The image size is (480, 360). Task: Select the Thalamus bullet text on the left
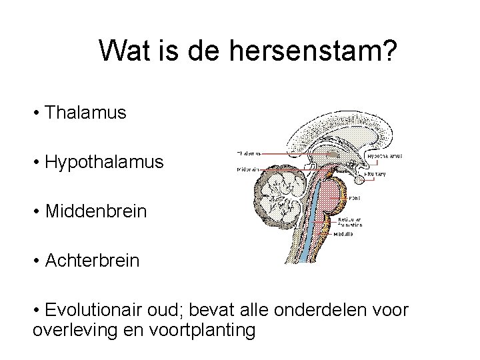[85, 113]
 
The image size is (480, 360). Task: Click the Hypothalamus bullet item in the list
[103, 162]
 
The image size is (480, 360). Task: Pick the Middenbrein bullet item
[95, 211]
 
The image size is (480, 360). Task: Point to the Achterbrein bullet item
[92, 260]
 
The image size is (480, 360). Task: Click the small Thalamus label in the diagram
[249, 153]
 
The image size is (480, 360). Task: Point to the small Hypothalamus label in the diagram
[385, 155]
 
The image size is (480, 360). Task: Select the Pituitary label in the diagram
[375, 174]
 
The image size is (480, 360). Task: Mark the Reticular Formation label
[349, 221]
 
